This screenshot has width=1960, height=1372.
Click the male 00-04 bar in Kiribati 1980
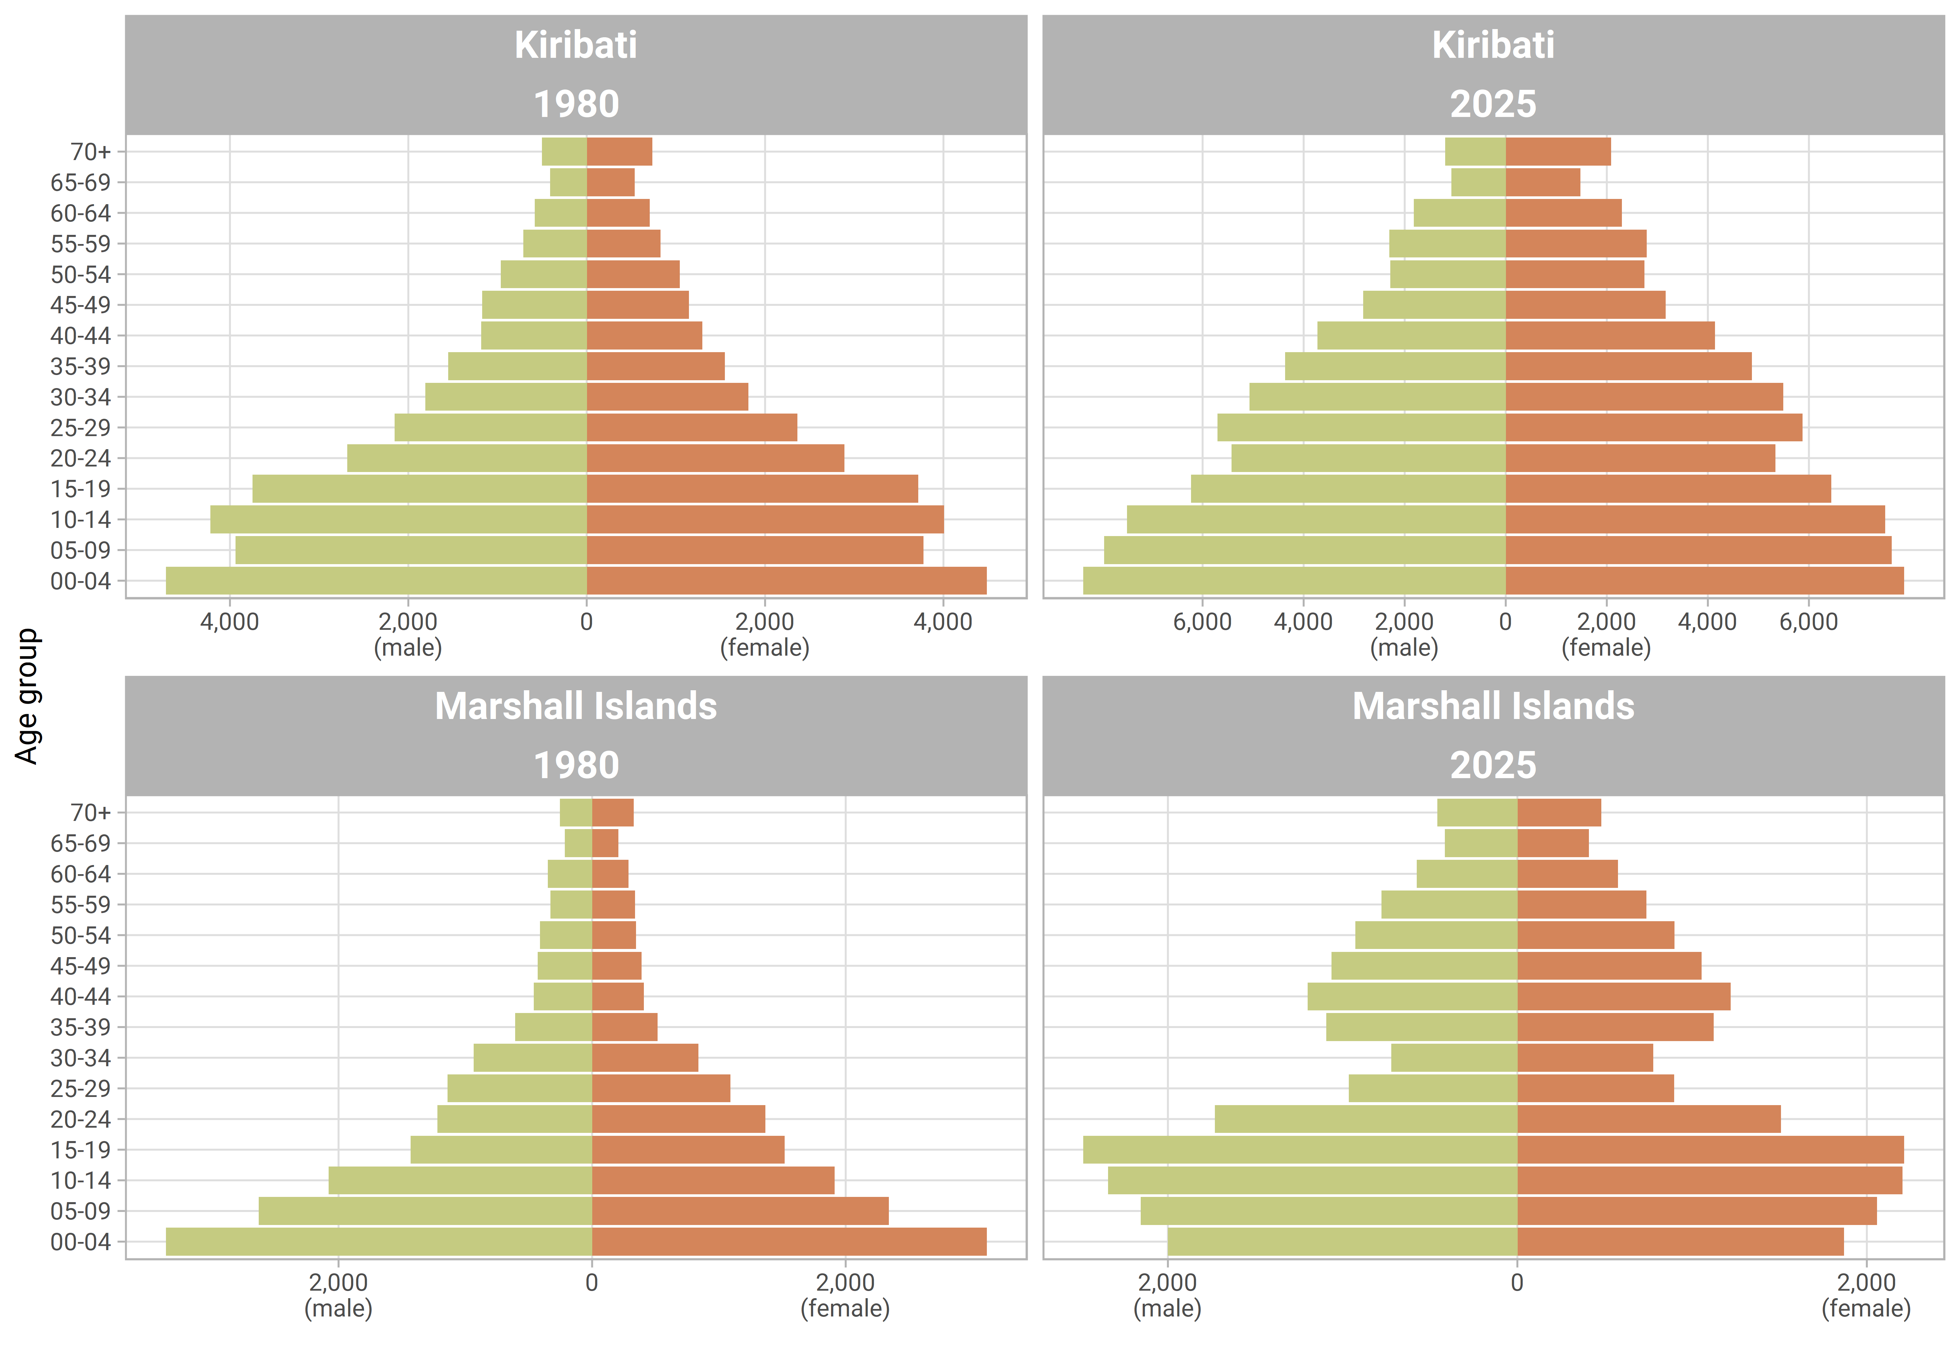376,580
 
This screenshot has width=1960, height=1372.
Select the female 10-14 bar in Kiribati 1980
765,519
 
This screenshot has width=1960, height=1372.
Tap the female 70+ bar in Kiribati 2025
1558,151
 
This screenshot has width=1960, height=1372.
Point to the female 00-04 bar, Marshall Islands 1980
789,1241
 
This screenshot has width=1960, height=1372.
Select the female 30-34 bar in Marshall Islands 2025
1584,1058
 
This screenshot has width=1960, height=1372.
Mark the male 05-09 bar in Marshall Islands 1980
425,1211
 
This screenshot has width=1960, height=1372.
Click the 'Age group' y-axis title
27,696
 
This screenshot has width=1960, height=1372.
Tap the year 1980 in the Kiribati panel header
576,104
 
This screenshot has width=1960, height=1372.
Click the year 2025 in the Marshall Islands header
1493,765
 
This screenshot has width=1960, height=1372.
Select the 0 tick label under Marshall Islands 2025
1517,1282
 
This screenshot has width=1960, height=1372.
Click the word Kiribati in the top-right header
1493,44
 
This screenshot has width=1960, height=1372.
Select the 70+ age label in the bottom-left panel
90,812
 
